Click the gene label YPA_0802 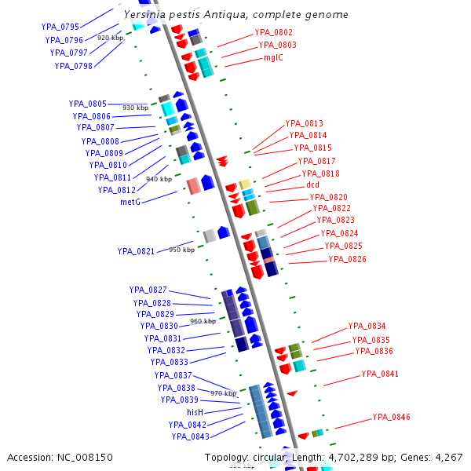pyautogui.click(x=273, y=32)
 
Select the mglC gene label pyautogui.click(x=273, y=57)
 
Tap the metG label pyautogui.click(x=130, y=202)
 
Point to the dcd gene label pyautogui.click(x=312, y=185)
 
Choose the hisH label pyautogui.click(x=195, y=412)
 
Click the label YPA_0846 pyautogui.click(x=391, y=417)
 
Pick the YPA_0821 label pyautogui.click(x=137, y=251)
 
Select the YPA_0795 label pyautogui.click(x=60, y=27)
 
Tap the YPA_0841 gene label pyautogui.click(x=380, y=374)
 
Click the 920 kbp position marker pyautogui.click(x=110, y=37)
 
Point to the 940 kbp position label pyautogui.click(x=159, y=179)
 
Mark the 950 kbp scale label pyautogui.click(x=181, y=250)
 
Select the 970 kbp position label pyautogui.click(x=223, y=392)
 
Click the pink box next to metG pyautogui.click(x=192, y=186)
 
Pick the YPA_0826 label pyautogui.click(x=347, y=259)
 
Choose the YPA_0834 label pyautogui.click(x=367, y=326)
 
